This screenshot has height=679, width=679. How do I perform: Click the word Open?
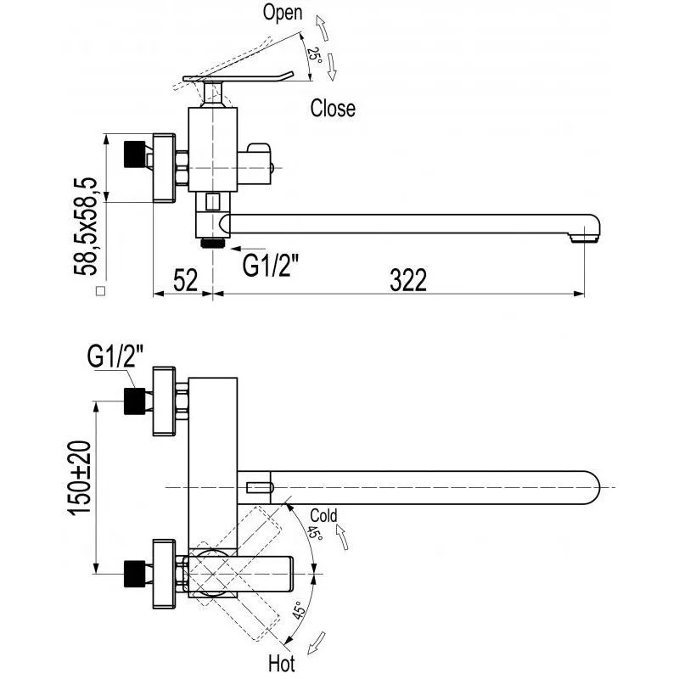click(283, 13)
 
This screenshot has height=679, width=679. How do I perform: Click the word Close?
click(333, 108)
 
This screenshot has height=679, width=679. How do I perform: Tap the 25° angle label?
click(315, 55)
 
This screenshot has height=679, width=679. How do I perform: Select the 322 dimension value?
click(408, 280)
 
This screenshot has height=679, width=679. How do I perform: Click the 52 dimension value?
click(185, 280)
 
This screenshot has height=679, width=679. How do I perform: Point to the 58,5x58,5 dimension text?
click(86, 226)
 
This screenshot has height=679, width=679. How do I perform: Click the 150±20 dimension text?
click(79, 478)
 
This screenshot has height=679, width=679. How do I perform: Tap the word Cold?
click(323, 516)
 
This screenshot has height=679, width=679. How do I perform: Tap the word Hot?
click(282, 664)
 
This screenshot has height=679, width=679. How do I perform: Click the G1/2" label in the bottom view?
click(115, 356)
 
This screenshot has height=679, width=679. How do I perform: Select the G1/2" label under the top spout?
click(270, 266)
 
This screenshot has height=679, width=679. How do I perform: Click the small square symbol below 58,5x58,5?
click(100, 291)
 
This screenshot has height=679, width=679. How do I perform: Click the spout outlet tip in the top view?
click(585, 238)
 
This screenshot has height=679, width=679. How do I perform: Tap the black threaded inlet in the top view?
click(134, 154)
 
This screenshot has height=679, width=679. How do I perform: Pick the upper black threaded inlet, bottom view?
click(134, 401)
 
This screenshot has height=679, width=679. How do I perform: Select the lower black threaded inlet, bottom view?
click(134, 574)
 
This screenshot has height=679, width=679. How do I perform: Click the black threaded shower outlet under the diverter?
click(213, 243)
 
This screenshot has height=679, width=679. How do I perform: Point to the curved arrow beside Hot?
click(316, 643)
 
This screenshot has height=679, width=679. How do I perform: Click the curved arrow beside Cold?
click(342, 537)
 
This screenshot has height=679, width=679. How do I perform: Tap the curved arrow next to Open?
click(322, 28)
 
